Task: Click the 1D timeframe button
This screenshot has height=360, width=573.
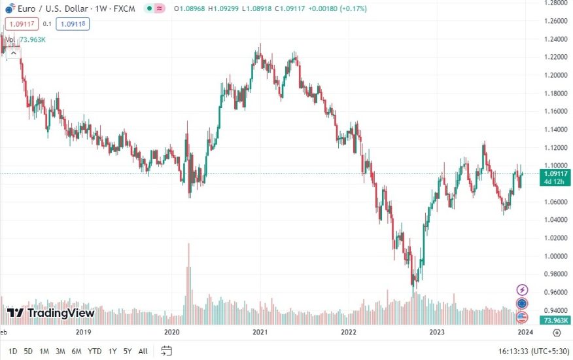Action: pyautogui.click(x=12, y=351)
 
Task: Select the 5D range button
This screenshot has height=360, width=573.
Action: pyautogui.click(x=28, y=351)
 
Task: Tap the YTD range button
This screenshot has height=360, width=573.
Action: pyautogui.click(x=95, y=351)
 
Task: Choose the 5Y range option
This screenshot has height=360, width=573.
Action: pyautogui.click(x=128, y=351)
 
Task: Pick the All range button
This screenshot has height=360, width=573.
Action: pyautogui.click(x=143, y=351)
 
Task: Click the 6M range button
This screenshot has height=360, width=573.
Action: pyautogui.click(x=77, y=351)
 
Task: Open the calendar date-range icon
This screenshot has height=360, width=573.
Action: pyautogui.click(x=167, y=351)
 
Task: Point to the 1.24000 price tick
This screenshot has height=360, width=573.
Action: pyautogui.click(x=554, y=39)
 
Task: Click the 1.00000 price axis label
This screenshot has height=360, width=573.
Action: pyautogui.click(x=554, y=256)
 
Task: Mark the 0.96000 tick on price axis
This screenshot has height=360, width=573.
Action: pyautogui.click(x=554, y=292)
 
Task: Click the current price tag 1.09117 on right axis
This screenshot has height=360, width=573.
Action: pyautogui.click(x=555, y=173)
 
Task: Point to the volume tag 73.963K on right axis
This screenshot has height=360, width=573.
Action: pyautogui.click(x=555, y=321)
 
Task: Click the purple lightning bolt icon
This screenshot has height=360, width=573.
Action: pyautogui.click(x=523, y=289)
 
